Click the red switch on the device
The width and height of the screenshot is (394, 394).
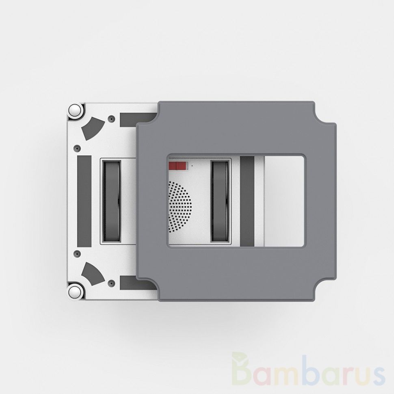[x=178, y=166]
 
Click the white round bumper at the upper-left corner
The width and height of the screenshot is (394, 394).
[x=75, y=110]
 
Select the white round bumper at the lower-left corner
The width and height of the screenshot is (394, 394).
[x=75, y=292]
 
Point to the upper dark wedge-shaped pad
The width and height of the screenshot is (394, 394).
[x=93, y=128]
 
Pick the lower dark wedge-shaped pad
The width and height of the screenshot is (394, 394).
[x=93, y=274]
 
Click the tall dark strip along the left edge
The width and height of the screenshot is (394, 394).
[x=84, y=201]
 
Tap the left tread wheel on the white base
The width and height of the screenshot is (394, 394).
[x=112, y=201]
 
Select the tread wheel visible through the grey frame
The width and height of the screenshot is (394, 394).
[x=220, y=201]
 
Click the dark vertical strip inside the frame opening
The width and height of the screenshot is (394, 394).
[x=247, y=201]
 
